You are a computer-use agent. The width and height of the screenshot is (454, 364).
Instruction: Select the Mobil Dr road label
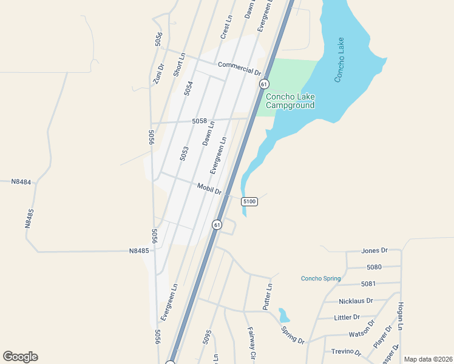(210, 189)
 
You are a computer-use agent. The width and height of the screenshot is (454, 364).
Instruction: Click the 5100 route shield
(249, 201)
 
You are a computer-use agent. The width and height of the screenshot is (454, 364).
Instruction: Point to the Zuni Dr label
(159, 75)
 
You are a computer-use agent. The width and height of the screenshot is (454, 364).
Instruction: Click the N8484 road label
(21, 181)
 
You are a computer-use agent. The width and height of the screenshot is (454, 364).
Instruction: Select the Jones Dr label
(374, 250)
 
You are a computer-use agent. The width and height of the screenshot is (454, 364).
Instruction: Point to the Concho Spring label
(321, 278)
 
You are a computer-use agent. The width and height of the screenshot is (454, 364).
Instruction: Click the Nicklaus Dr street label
(356, 300)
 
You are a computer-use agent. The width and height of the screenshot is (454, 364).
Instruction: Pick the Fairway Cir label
(251, 342)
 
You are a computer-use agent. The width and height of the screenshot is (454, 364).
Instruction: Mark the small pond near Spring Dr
(283, 315)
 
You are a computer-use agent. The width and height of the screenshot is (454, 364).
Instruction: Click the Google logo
(20, 357)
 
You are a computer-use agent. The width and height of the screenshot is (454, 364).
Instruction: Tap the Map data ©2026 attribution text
(428, 359)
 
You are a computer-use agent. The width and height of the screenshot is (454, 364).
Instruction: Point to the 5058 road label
(200, 121)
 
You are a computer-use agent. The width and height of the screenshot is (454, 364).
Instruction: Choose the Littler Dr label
(347, 317)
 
